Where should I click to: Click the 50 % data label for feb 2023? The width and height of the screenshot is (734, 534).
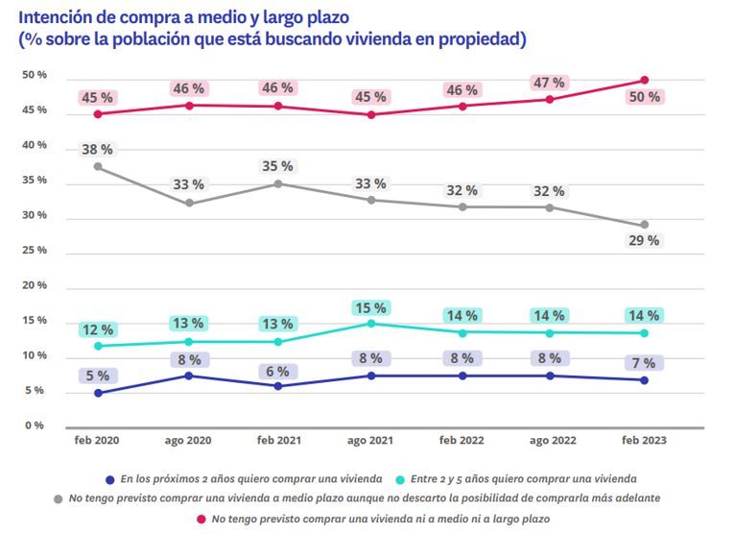[x=644, y=98]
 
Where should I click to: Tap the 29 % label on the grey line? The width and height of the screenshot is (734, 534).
[x=644, y=241]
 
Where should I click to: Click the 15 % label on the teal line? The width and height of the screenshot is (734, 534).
[x=371, y=308]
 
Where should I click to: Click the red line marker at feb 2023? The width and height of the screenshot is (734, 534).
[x=645, y=80]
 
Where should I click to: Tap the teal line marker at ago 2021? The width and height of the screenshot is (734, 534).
[x=371, y=324]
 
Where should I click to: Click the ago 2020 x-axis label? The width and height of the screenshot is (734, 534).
[x=189, y=440]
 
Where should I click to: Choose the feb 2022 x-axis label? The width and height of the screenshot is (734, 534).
[x=462, y=440]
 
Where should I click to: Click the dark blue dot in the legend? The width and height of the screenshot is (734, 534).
[x=112, y=477]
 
